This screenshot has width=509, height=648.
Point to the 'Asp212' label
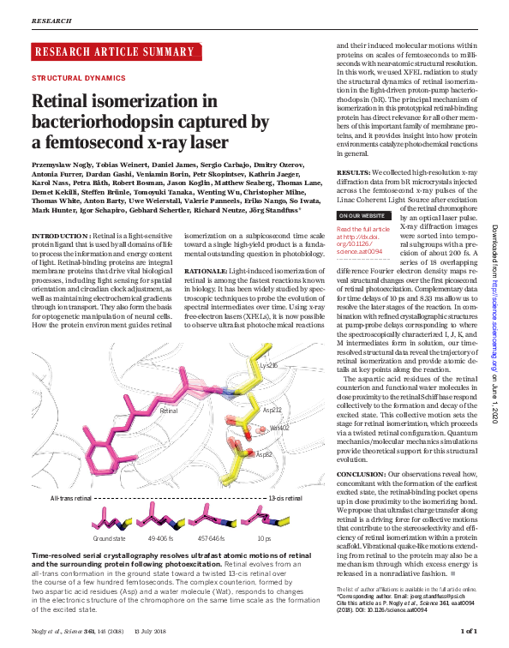272,410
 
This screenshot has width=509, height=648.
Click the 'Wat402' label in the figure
278,427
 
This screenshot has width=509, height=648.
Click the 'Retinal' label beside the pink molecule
169,411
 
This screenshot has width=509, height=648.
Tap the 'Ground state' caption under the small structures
110,538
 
